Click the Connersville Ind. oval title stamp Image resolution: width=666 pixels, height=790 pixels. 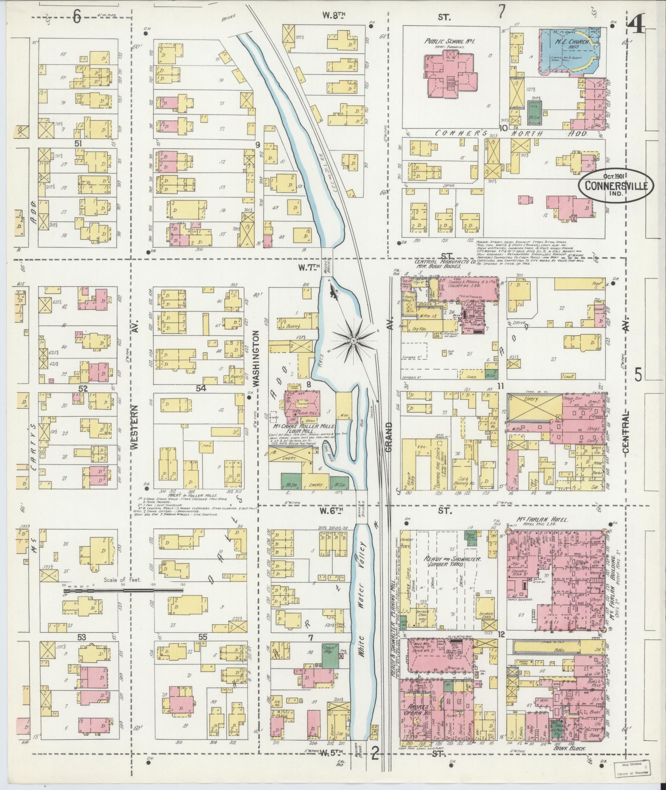(x=615, y=187)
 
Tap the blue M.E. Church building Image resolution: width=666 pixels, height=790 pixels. (x=568, y=52)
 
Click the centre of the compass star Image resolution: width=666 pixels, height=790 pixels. (x=353, y=340)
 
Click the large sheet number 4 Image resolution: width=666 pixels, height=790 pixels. (x=639, y=26)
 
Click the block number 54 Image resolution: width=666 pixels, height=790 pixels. (x=201, y=388)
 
